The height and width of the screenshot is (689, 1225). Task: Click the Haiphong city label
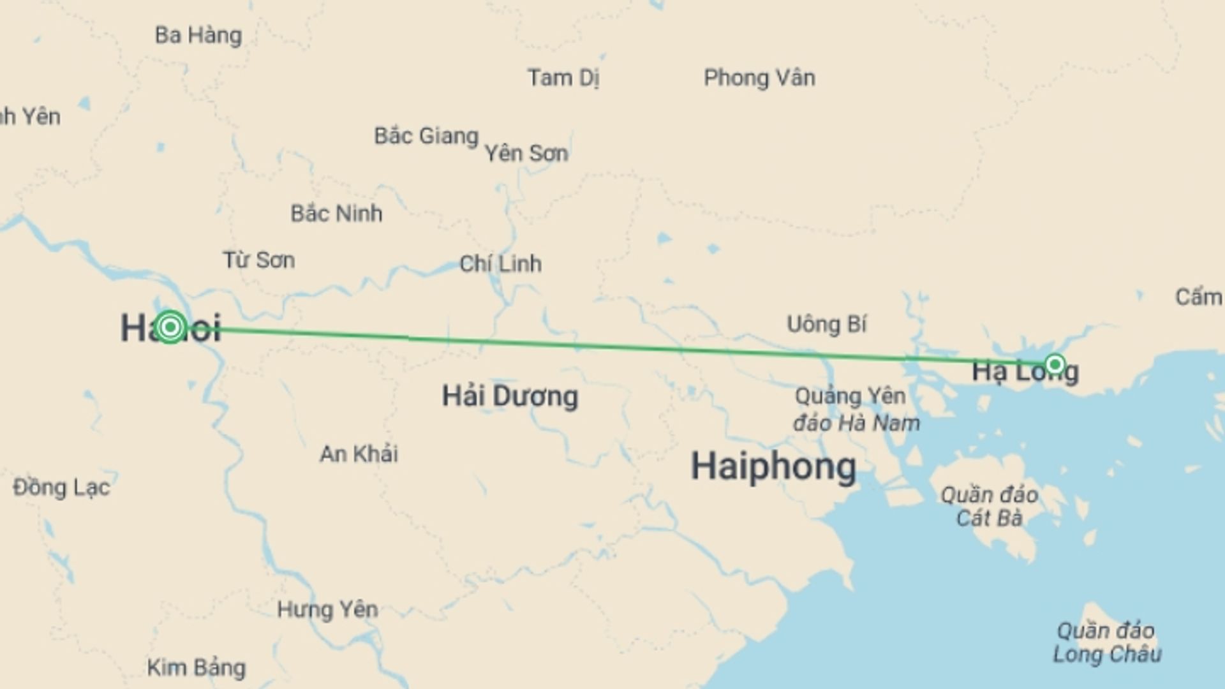[x=773, y=466]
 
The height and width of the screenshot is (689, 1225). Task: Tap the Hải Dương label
[x=510, y=396]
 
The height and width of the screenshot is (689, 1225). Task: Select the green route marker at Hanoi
[x=170, y=327]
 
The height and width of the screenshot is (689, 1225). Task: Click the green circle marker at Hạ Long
[x=1055, y=364]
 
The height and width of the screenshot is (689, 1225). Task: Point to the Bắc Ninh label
[x=336, y=213]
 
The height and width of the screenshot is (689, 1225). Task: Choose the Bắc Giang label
[x=426, y=136]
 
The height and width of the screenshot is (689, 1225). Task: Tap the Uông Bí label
[x=826, y=324]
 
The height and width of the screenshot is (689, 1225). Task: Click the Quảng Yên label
[x=850, y=396]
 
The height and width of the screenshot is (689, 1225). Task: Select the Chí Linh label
[x=500, y=263]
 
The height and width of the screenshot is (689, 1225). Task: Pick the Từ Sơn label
[x=258, y=260]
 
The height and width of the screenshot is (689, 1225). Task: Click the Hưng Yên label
[x=327, y=609]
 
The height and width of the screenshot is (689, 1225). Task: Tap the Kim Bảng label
[x=196, y=667]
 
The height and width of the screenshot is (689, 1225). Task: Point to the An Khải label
[x=359, y=454]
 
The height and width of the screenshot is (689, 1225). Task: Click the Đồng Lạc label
[x=61, y=487]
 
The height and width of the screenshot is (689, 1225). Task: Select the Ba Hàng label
[x=198, y=35]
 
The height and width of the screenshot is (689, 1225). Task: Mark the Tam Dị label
[x=563, y=78]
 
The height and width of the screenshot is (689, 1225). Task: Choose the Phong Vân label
[x=759, y=78]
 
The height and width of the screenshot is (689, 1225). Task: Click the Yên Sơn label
[x=526, y=153]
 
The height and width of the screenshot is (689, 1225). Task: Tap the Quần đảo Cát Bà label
[x=989, y=507]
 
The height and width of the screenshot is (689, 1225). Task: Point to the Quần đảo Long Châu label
[x=1106, y=642]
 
